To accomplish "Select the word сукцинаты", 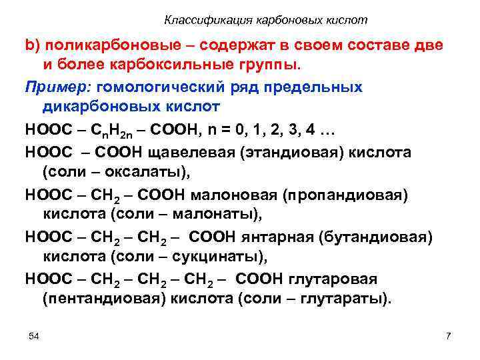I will point(213,257).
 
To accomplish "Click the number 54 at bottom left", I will point(34,335).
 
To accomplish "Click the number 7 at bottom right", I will point(448,335).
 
